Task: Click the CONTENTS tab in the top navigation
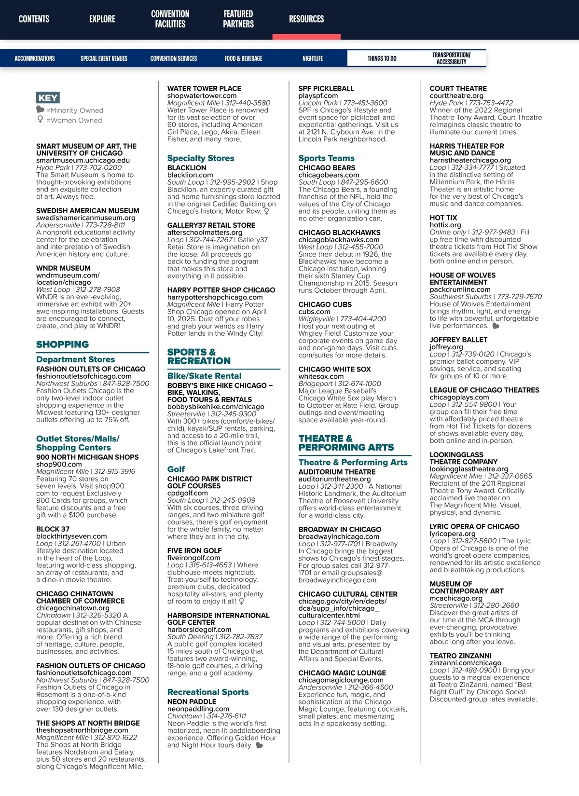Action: coord(34,19)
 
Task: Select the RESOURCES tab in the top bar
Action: coord(306,19)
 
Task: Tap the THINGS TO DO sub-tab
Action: coord(382,58)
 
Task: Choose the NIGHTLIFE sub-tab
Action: coord(313,58)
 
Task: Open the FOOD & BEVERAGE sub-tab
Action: coord(243,58)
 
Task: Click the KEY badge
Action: coord(48,98)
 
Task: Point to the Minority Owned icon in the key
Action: coord(40,110)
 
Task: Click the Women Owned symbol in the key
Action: coord(40,120)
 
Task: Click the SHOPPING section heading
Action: coord(63,344)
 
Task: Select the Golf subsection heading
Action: coord(176,469)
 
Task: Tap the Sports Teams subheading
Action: coord(326,158)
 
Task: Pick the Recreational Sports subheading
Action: coord(208,692)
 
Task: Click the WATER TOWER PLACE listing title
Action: coord(204,88)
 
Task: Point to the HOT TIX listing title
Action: coord(443,218)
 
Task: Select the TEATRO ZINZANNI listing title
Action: coord(460,656)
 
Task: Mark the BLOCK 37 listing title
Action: coord(53,529)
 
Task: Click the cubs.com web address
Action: coord(314,312)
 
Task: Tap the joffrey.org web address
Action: coord(446,347)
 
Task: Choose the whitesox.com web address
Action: coord(321,376)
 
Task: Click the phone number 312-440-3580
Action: coord(247,103)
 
